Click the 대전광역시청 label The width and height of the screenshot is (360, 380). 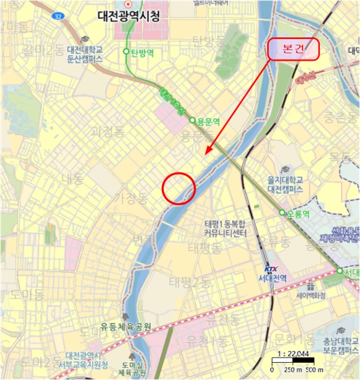coord(129,17)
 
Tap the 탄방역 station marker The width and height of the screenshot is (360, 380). coord(126,52)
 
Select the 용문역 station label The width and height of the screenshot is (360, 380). coord(208,121)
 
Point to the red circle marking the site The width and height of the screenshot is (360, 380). coord(179,188)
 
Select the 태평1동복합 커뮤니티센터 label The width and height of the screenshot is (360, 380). coord(225,229)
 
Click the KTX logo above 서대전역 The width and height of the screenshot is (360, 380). coord(270,269)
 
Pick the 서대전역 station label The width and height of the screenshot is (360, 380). coord(273,278)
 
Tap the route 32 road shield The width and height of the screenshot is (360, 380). coord(58,17)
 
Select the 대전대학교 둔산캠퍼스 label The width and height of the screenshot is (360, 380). coord(85,53)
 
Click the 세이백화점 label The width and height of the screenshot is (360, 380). coord(311,296)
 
